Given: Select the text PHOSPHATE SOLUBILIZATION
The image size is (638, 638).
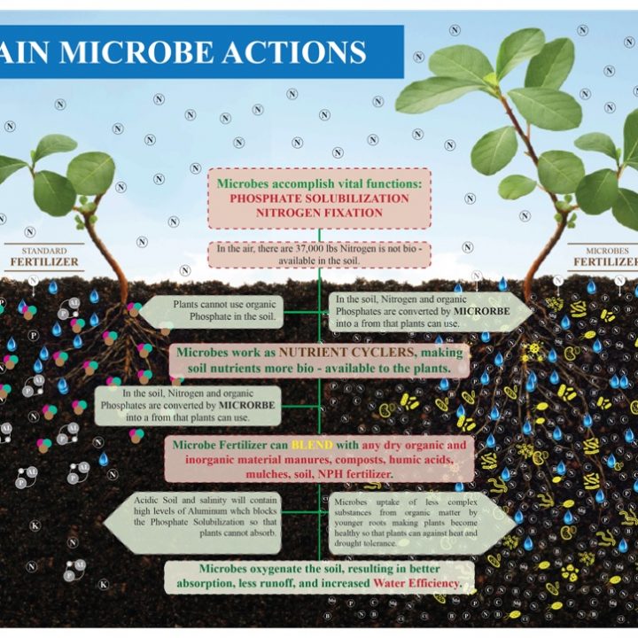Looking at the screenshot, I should (x=319, y=198).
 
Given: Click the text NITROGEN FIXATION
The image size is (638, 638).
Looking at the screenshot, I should (x=319, y=213).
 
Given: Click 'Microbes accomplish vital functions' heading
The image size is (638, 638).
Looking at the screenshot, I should (x=319, y=183).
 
